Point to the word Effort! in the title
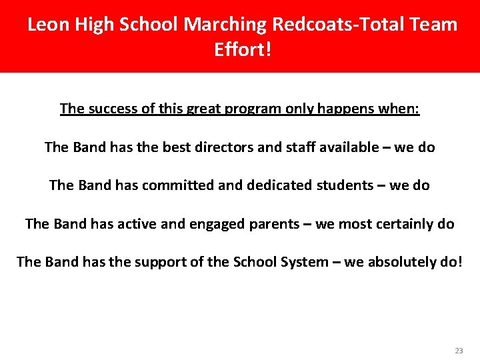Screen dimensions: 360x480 click(x=243, y=50)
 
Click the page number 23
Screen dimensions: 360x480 click(x=459, y=351)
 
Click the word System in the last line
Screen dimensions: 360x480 click(x=303, y=261)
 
